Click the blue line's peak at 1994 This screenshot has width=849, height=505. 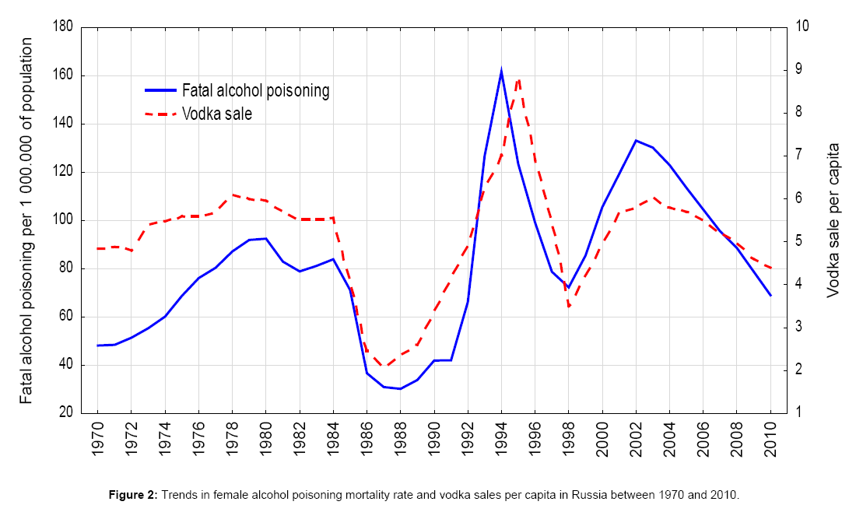coord(501,71)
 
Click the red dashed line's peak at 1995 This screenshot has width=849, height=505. coord(518,79)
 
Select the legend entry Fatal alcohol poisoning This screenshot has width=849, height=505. coord(256,90)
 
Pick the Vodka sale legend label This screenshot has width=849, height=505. coord(217,114)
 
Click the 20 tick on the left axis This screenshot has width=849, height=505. coord(66,413)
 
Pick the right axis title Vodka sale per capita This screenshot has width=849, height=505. coord(833,220)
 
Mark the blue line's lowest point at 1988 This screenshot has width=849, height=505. coord(400,388)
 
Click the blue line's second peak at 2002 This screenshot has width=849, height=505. coord(636,141)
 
